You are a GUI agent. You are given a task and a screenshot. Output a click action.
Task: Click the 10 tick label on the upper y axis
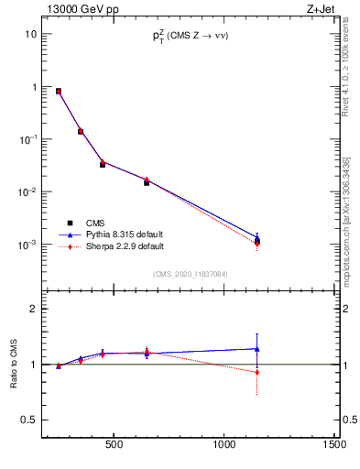point(31,34)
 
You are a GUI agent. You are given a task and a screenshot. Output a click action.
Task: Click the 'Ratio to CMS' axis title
point(14,378)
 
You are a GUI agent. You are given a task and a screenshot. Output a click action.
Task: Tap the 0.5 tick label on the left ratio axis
point(27,420)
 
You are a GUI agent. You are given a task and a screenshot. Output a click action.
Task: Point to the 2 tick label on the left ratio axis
point(33,309)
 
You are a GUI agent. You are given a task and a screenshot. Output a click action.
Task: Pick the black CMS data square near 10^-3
point(257,242)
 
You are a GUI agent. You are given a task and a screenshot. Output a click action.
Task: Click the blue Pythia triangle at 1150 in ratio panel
point(257,348)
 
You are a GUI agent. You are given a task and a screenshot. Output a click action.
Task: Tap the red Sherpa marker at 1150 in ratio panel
point(257,372)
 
